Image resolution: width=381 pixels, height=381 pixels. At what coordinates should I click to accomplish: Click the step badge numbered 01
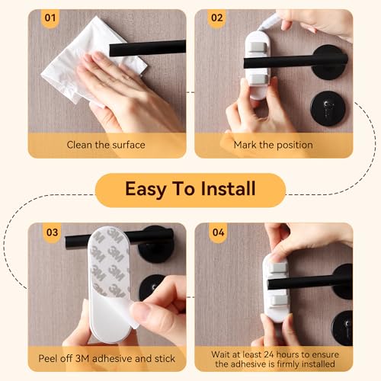(x=50, y=18)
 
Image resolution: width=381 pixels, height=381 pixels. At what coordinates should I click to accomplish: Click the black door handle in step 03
(x=152, y=238)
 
